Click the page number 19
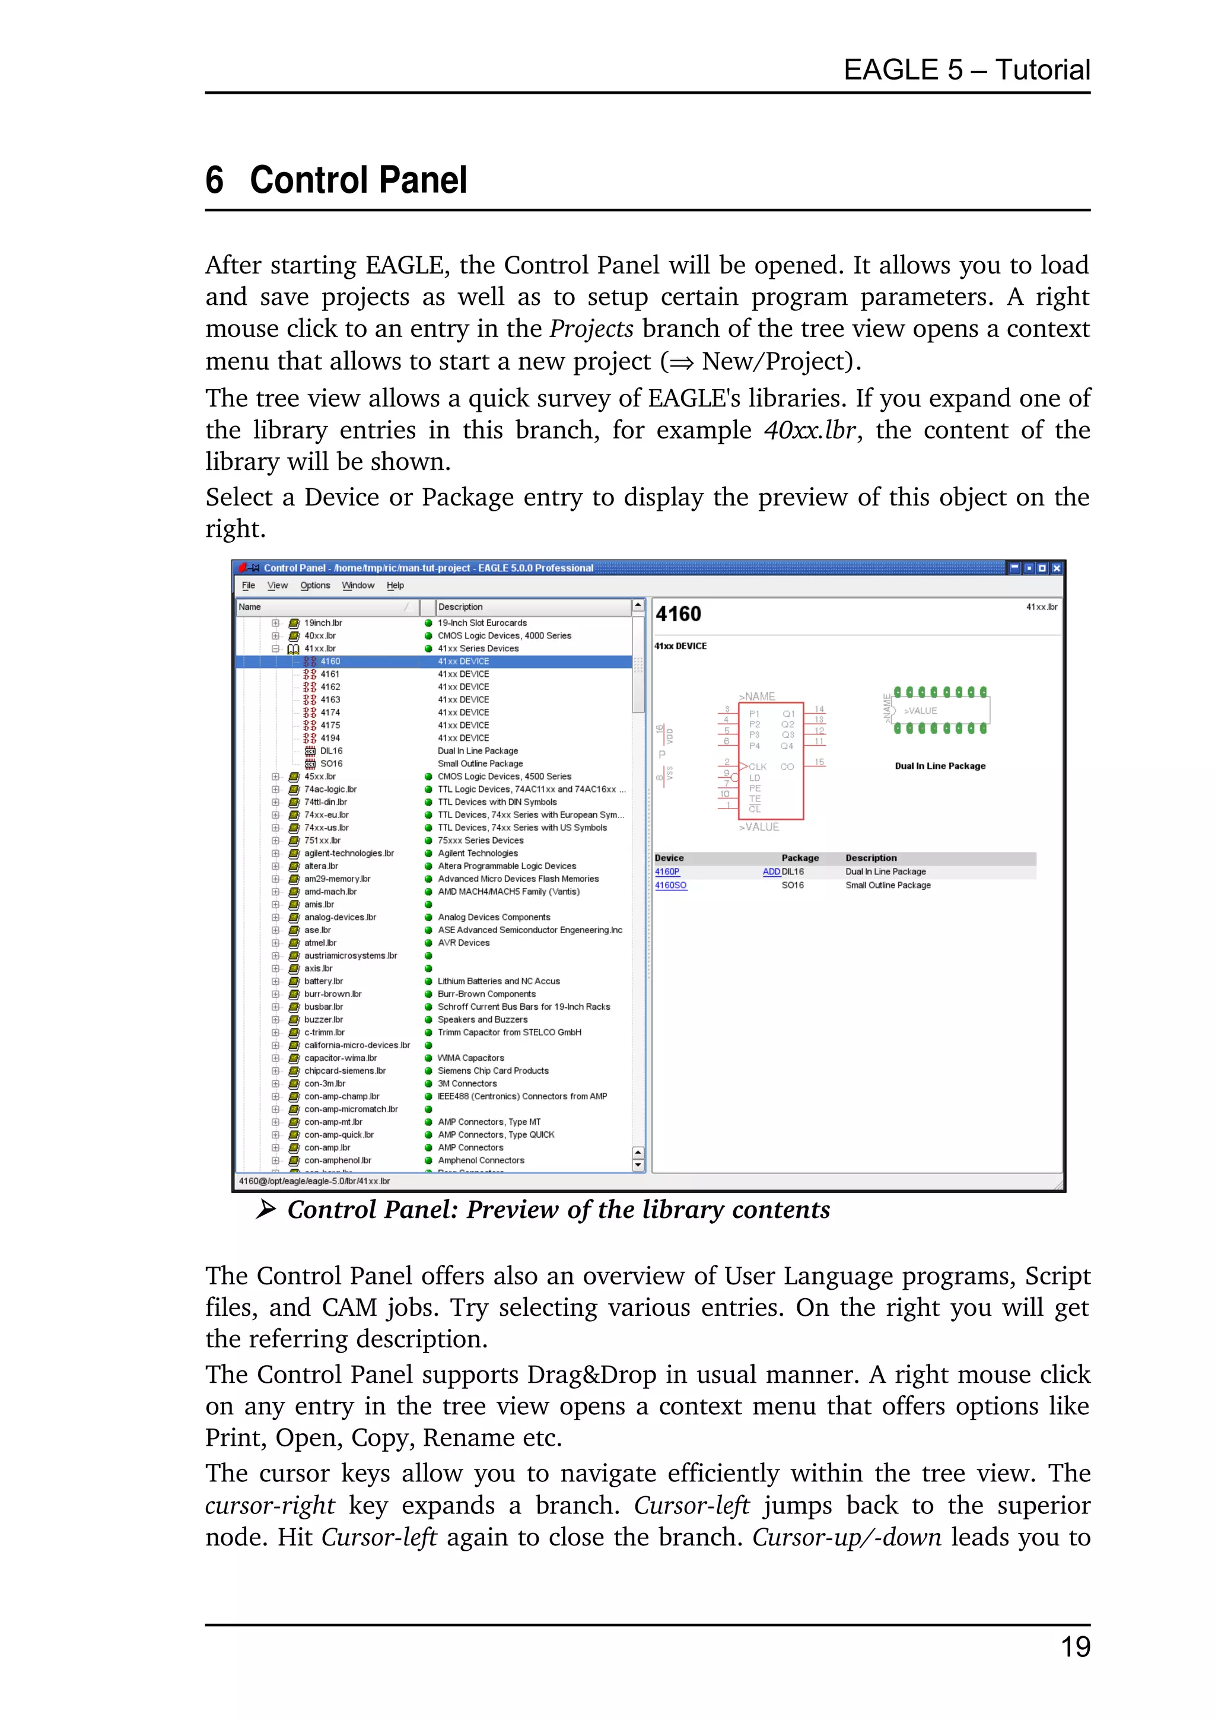click(1075, 1647)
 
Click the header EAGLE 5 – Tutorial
click(966, 70)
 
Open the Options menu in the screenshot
click(315, 586)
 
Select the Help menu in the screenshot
click(395, 586)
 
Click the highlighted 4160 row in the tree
click(330, 661)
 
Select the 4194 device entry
click(330, 737)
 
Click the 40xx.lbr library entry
click(319, 635)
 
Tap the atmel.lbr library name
click(320, 943)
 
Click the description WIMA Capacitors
click(470, 1058)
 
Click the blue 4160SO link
click(670, 885)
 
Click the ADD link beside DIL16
click(771, 871)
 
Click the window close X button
click(1056, 568)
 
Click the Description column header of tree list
click(460, 607)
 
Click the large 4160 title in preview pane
click(678, 615)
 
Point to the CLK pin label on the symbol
click(757, 767)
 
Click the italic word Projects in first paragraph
click(591, 329)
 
